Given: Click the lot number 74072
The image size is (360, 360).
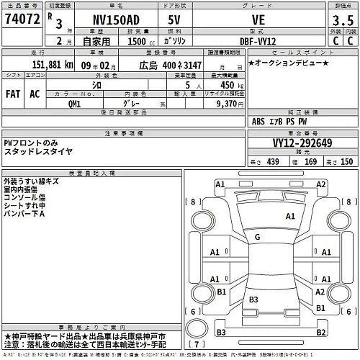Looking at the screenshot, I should tap(22, 20).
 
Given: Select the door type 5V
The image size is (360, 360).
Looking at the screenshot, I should tap(175, 21).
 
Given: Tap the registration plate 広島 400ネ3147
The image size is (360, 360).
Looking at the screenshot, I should tap(171, 66).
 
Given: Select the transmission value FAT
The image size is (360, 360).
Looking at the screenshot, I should tap(12, 94).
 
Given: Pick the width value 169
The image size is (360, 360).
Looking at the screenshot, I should tap(311, 161).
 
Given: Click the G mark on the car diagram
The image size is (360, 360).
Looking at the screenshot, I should tap(256, 237).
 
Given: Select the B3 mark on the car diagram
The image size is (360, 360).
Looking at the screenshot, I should tap(253, 299).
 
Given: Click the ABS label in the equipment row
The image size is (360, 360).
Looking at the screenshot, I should tap(258, 121).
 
